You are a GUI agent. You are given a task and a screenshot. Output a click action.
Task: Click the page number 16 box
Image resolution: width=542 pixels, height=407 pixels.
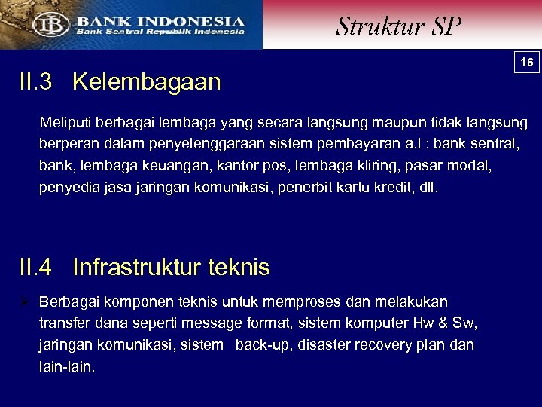(x=527, y=63)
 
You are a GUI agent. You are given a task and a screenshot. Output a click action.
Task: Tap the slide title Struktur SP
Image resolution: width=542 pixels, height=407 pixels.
(x=398, y=26)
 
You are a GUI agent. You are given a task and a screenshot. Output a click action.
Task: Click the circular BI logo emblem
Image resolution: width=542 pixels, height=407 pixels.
(x=50, y=25)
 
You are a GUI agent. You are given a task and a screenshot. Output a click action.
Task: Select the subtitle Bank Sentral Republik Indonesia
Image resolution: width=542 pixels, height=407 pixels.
(x=159, y=32)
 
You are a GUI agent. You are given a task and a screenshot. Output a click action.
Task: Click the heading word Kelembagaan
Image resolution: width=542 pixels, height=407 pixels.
(x=147, y=81)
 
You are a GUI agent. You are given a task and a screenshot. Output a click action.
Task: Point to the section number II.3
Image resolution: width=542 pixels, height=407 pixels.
(x=35, y=81)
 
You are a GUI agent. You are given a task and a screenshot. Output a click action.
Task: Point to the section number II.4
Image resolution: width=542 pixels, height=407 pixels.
(x=35, y=267)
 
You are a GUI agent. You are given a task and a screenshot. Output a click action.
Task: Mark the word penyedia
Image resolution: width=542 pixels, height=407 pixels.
(x=65, y=187)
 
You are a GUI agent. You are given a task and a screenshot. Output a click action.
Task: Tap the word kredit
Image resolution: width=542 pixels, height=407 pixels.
(x=394, y=187)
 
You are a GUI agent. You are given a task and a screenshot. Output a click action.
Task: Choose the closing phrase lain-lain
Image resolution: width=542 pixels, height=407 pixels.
(x=66, y=367)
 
